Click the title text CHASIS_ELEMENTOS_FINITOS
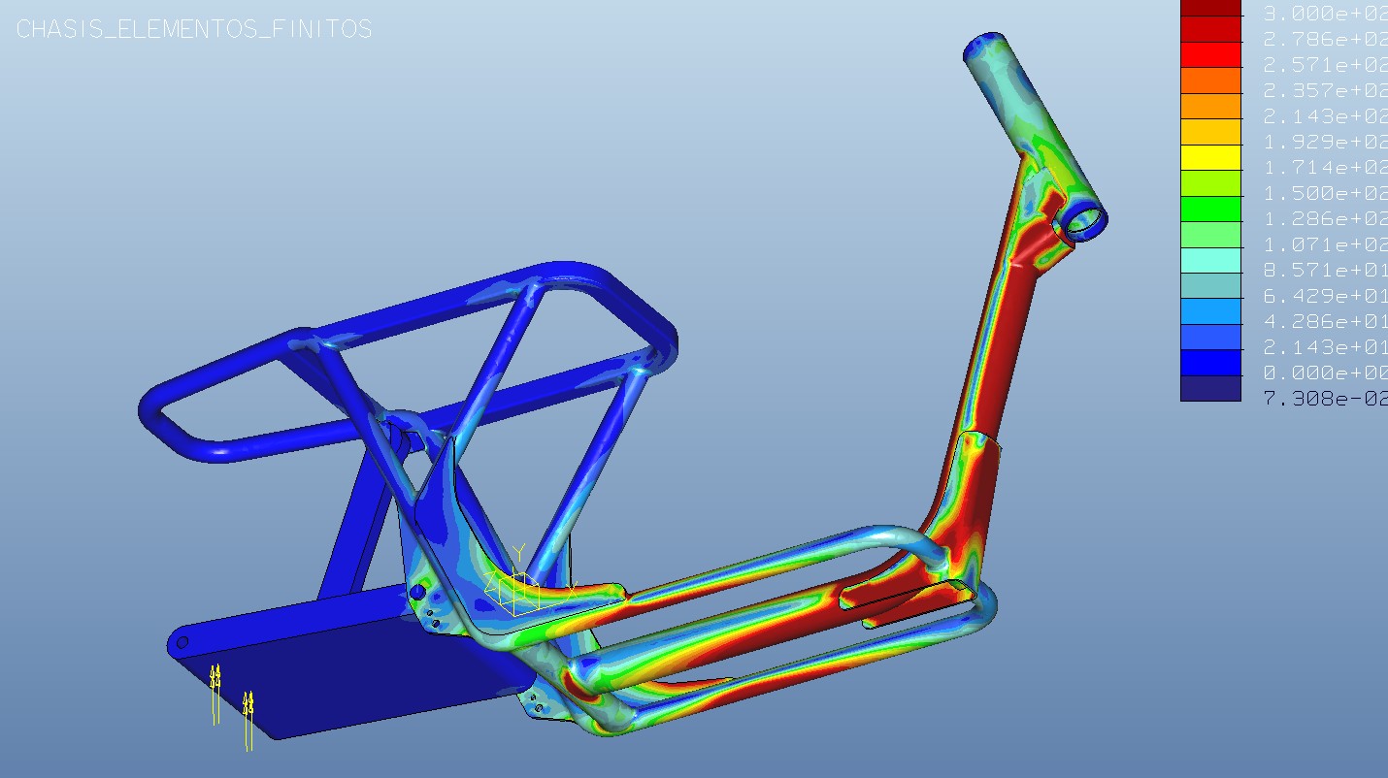pos(194,29)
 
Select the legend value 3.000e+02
pos(1324,14)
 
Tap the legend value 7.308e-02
pos(1324,398)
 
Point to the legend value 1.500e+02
pos(1324,193)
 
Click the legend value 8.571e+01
pos(1324,270)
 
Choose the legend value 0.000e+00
pos(1324,373)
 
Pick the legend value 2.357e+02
pos(1324,90)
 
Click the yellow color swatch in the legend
pos(1210,157)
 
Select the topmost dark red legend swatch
pos(1210,8)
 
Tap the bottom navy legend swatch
pos(1210,389)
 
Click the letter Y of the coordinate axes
pos(518,553)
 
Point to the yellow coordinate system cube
pos(518,593)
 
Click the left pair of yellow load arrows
pos(215,692)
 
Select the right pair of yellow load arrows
pos(248,718)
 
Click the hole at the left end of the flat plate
pos(182,642)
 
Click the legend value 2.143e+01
pos(1324,347)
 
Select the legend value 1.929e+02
pos(1324,142)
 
